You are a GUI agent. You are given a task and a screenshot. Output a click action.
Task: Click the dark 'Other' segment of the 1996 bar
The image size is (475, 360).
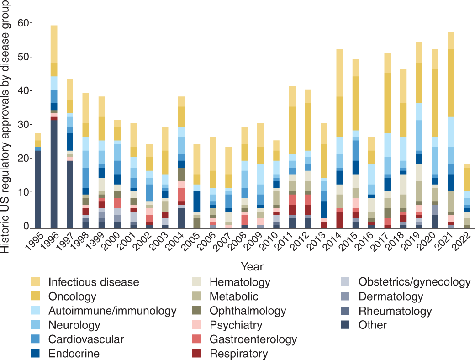coord(54,174)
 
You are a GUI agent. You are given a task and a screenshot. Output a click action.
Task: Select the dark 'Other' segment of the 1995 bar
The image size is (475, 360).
coord(38,190)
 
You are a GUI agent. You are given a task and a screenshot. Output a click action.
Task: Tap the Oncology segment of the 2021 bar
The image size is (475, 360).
coord(451,83)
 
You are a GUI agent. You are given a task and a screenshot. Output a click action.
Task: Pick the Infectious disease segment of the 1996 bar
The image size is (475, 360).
coord(54,44)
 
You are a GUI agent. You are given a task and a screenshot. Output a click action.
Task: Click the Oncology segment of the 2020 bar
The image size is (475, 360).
coord(435,103)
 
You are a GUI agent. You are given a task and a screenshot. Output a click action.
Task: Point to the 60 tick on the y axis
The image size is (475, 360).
coord(31,23)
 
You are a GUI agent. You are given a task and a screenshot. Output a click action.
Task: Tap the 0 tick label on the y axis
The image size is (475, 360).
coord(26,226)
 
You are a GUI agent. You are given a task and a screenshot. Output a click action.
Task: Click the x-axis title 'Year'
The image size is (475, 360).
coord(252,267)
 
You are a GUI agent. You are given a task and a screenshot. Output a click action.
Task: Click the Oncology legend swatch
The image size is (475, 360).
coord(36,296)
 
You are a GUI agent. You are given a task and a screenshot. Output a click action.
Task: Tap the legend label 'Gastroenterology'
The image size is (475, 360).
coord(253,339)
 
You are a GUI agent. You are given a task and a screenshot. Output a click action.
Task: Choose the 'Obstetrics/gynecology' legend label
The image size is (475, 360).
coord(414,282)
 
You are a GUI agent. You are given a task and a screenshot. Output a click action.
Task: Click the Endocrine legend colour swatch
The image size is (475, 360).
coord(36,353)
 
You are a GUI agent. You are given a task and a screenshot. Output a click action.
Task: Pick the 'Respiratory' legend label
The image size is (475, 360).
coord(239,354)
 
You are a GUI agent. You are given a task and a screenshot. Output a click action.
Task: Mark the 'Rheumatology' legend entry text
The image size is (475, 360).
coord(395,311)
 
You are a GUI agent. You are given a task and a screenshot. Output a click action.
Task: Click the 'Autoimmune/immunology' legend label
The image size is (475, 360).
coord(112,311)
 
